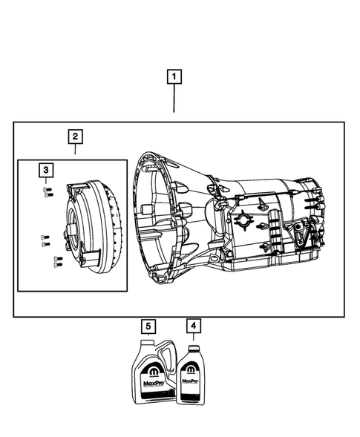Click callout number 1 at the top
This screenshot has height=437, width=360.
click(174, 76)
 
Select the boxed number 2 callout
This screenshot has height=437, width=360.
click(75, 137)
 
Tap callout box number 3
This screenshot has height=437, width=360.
click(46, 171)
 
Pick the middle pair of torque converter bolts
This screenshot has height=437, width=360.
click(44, 239)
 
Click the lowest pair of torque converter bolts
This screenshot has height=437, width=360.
click(56, 260)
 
